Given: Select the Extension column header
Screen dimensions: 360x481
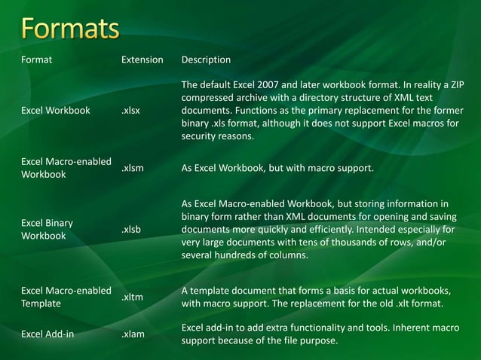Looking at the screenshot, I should (142, 59).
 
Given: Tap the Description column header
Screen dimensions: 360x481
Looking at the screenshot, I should (206, 59).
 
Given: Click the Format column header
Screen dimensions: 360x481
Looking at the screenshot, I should (37, 59).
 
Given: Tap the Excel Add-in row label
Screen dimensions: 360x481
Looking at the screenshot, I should (47, 334).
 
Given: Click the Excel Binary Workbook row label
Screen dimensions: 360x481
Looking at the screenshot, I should (47, 229).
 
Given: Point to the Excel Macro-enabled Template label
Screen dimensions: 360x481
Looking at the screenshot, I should (66, 297).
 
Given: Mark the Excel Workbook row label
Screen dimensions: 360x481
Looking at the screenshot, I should (55, 111).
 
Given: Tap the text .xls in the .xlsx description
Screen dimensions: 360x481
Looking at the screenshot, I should (222, 124).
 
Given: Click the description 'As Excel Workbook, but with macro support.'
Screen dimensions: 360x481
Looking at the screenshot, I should (277, 169).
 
